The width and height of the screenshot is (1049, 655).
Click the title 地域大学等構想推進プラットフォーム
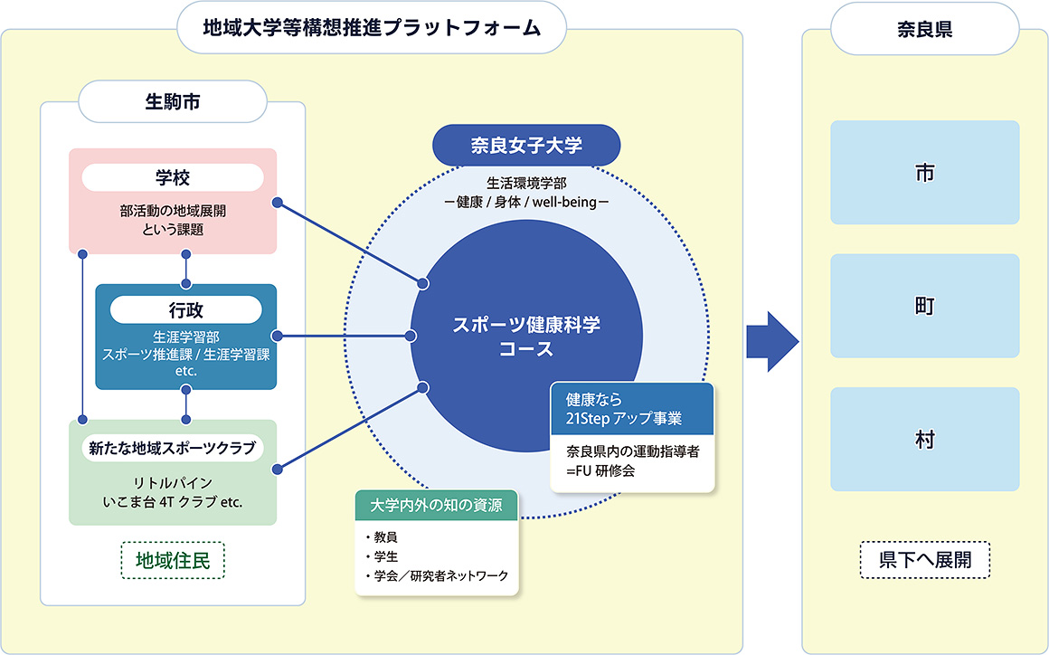pos(372,27)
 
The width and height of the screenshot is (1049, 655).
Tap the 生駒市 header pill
pos(173,101)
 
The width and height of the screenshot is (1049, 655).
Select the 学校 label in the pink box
pos(172,177)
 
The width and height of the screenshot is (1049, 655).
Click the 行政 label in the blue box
pos(185,310)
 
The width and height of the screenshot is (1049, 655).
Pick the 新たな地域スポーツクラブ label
pos(172,447)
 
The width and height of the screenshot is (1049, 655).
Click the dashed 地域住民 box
pos(172,560)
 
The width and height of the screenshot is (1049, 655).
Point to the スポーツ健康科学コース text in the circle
pos(526,337)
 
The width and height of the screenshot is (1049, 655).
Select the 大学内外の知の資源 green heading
pos(436,505)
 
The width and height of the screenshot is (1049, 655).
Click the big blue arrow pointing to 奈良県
pos(771,342)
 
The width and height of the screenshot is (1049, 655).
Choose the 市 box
pos(924,173)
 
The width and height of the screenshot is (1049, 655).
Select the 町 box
pos(924,306)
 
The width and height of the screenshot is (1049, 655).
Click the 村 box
pos(924,439)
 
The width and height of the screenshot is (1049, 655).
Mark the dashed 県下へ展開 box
pos(924,560)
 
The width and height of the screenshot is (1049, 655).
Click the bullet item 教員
pos(385,536)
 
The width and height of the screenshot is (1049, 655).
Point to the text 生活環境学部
pos(525,183)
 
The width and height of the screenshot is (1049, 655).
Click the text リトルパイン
pos(172,482)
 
